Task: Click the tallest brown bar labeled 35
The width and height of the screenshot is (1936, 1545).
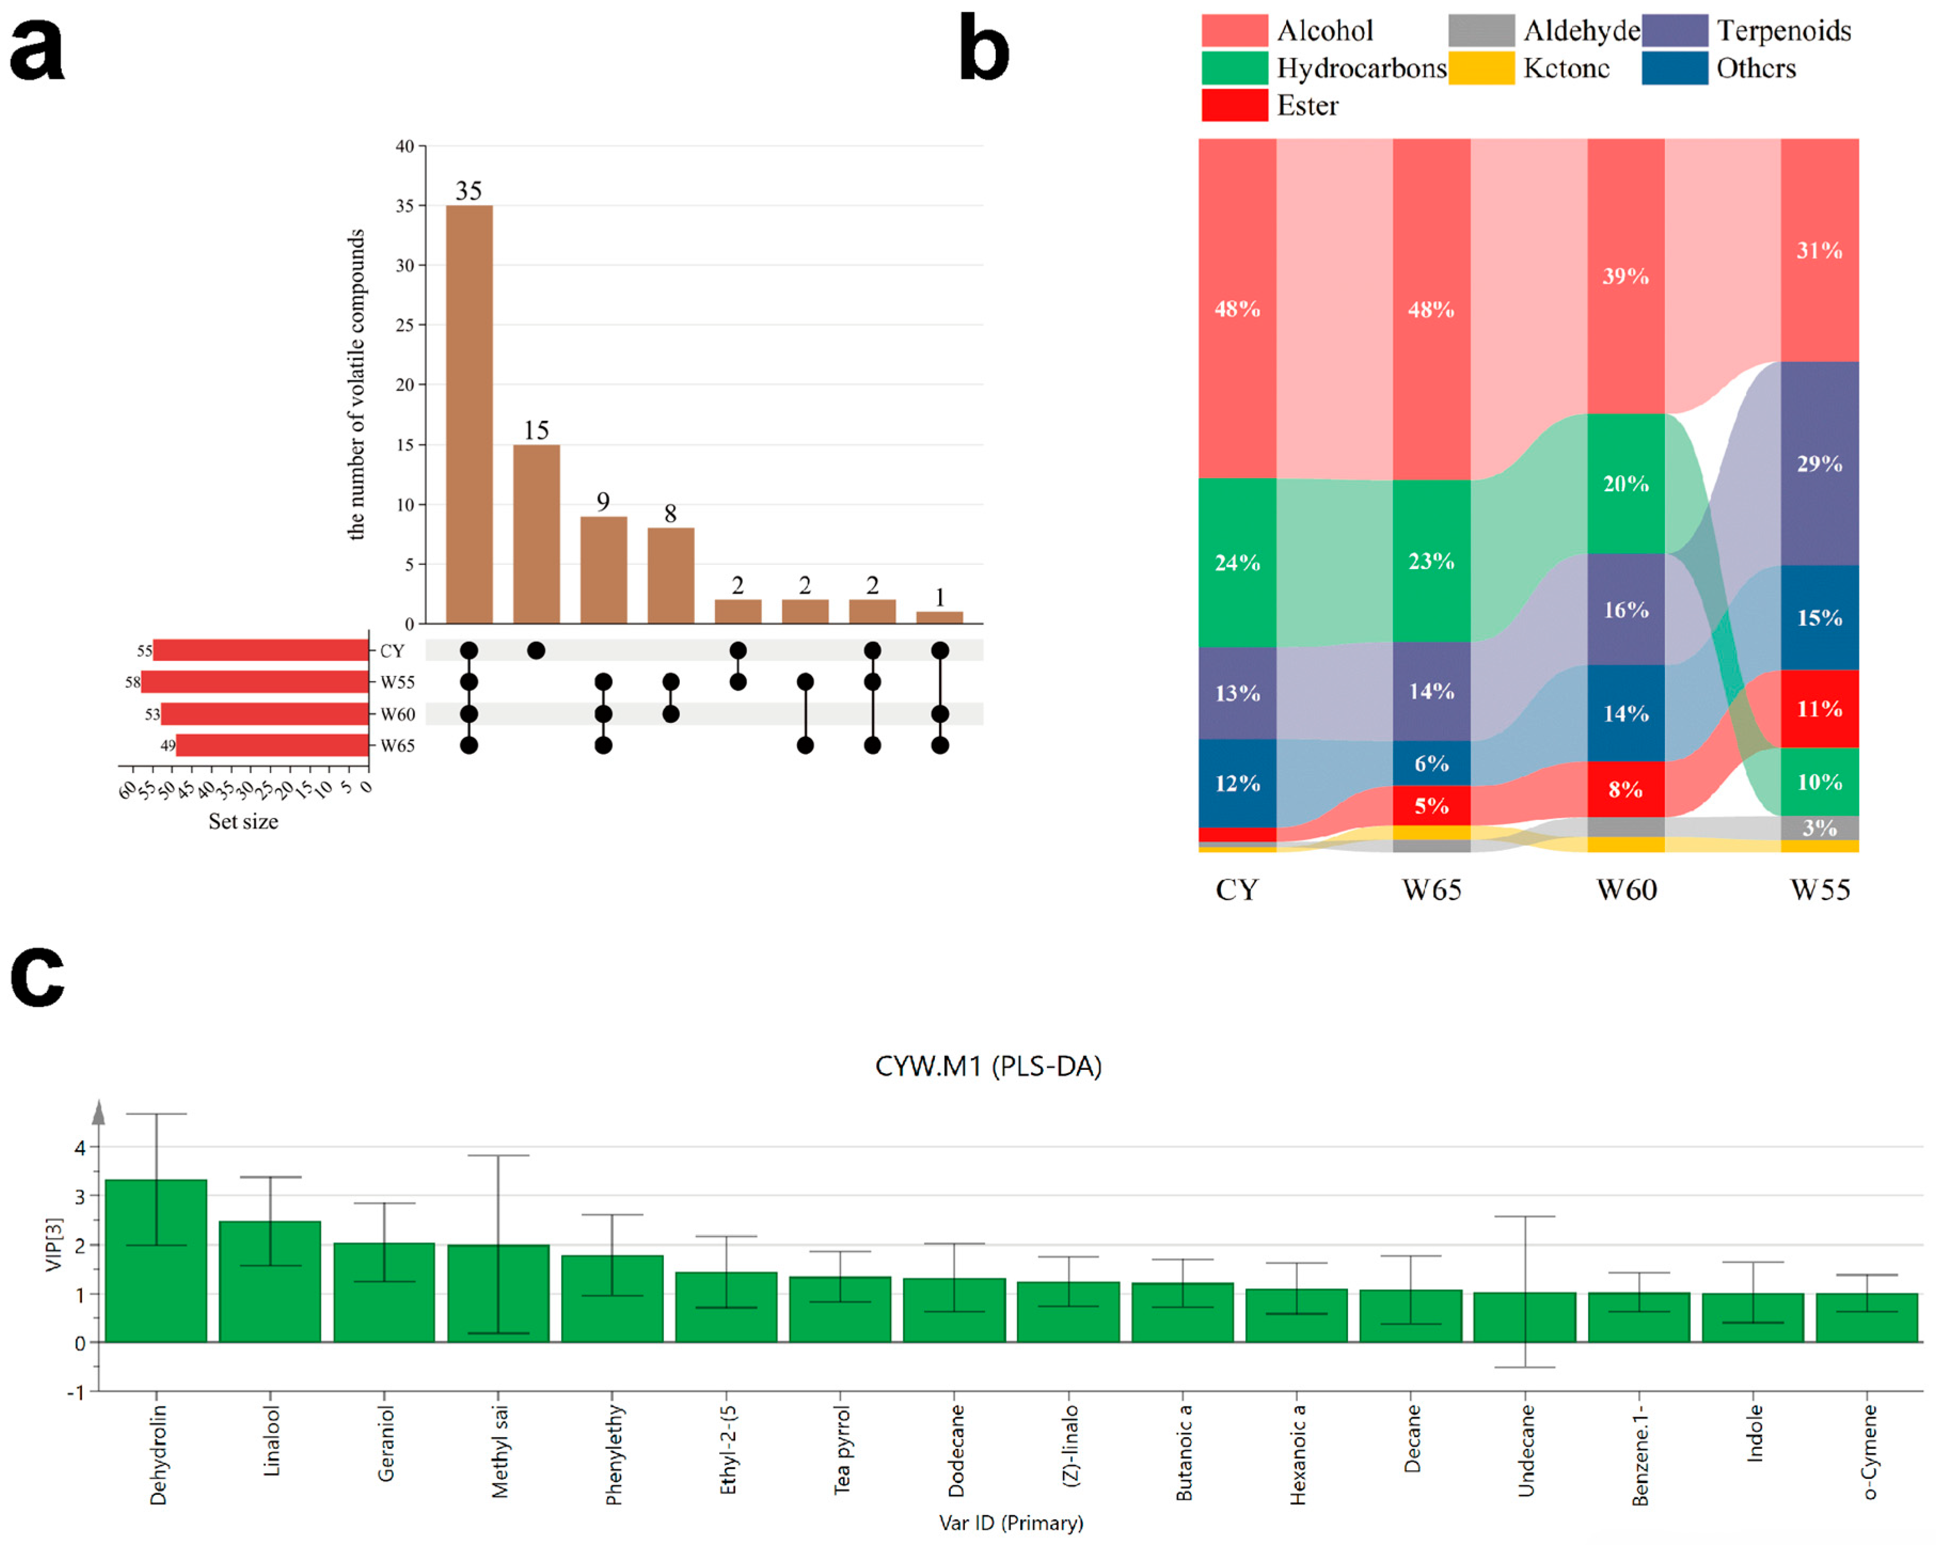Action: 469,414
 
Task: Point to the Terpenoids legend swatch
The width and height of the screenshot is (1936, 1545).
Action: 1675,30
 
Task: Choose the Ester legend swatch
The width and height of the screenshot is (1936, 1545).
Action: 1235,105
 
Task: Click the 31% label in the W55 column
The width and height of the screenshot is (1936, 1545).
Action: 1819,250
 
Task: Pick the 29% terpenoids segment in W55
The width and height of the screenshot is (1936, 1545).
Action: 1819,463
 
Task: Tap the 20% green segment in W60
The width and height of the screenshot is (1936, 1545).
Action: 1625,483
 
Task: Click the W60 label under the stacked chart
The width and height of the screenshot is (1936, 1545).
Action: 1626,889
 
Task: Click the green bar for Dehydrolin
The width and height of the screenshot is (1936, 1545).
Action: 156,1261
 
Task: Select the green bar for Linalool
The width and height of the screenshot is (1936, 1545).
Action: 271,1282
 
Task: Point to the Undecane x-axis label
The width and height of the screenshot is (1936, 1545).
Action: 1526,1451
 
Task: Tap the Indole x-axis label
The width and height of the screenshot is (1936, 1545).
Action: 1753,1433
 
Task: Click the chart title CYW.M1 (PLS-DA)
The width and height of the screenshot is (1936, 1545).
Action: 988,1066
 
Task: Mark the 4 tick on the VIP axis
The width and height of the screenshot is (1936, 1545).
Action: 80,1147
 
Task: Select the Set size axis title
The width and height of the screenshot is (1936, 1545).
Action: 243,821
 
